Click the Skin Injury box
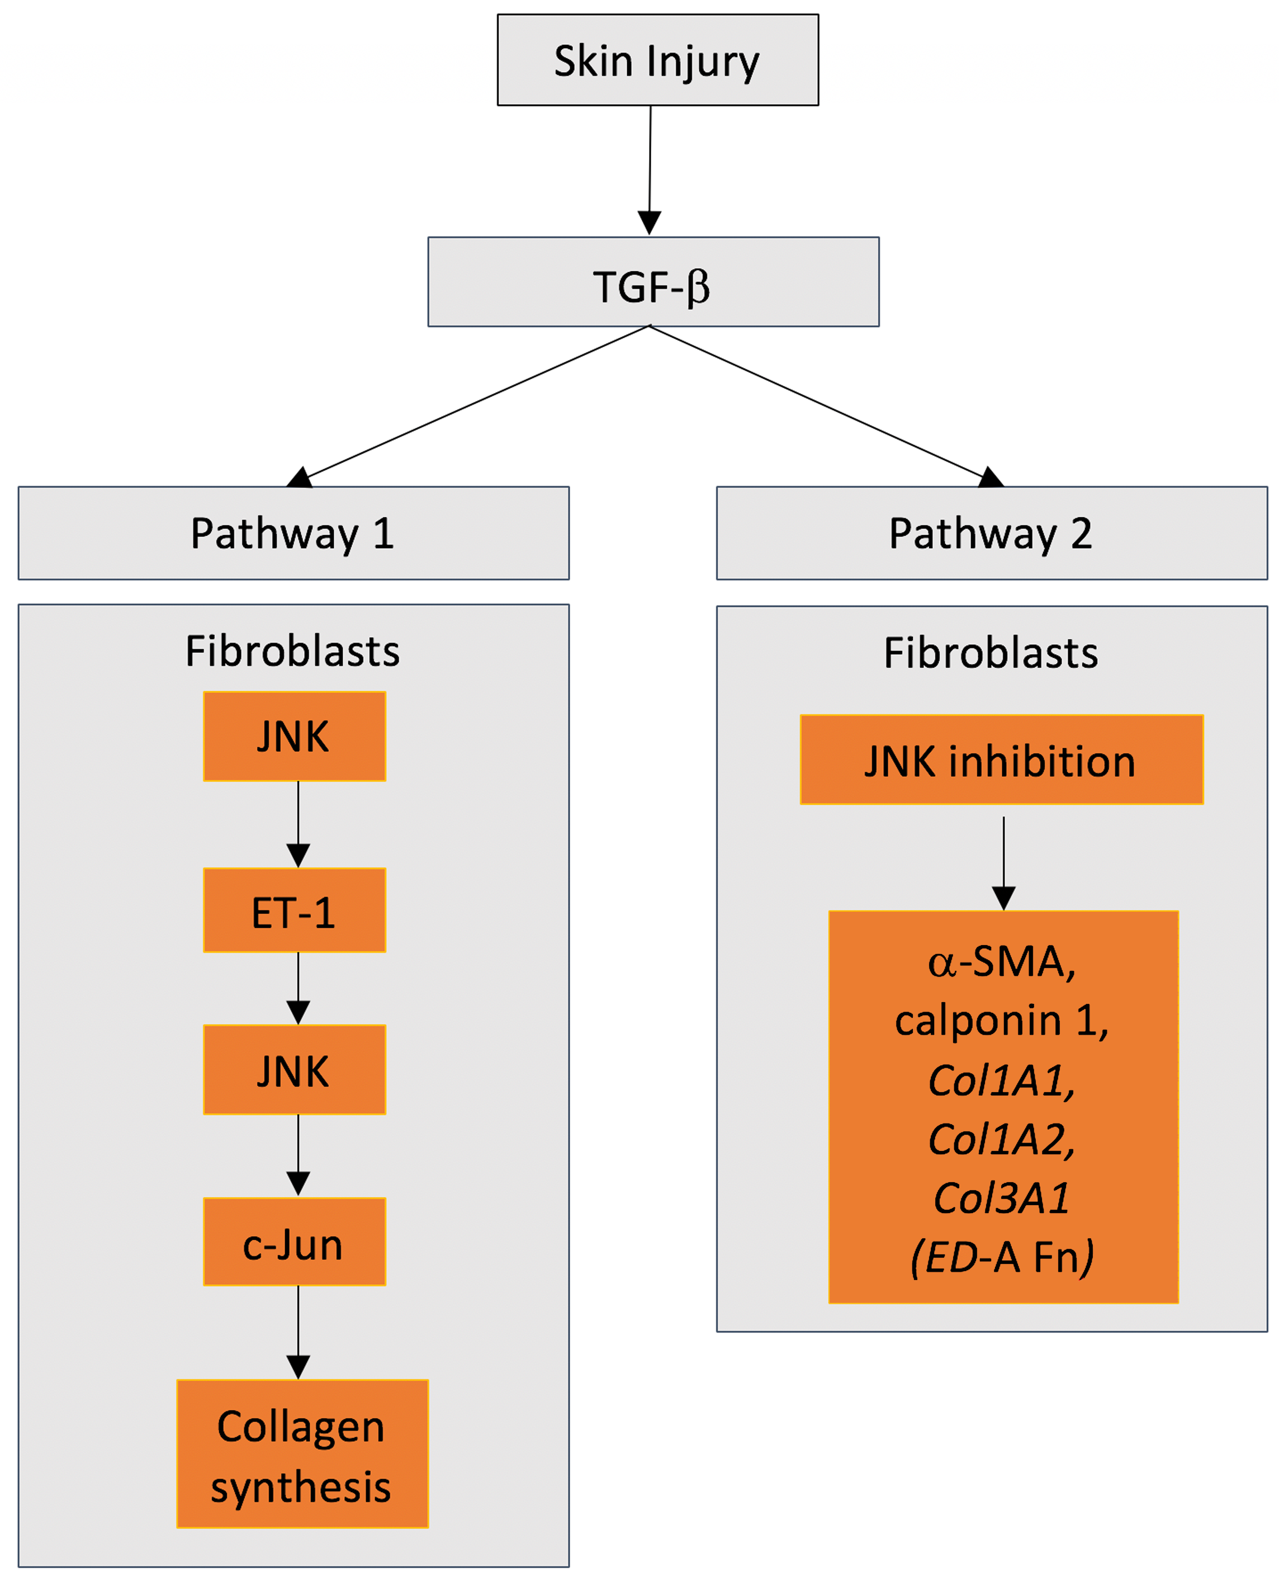657,60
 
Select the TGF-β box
653,281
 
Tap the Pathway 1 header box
293,533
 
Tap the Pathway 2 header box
991,533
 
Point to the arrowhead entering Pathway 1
300,478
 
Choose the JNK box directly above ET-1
294,737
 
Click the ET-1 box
294,911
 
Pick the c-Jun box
294,1243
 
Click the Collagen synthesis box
302,1453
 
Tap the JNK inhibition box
1001,760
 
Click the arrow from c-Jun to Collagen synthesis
297,1331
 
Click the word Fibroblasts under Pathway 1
292,652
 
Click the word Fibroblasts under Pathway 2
991,653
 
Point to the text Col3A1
1001,1197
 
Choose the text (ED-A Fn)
1002,1257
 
